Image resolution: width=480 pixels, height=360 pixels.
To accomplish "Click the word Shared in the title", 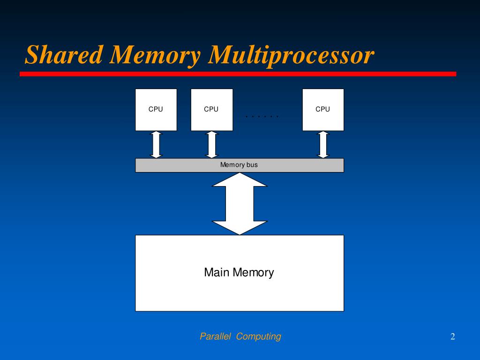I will coord(64,55).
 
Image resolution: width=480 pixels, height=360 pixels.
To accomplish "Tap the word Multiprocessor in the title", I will coord(291,56).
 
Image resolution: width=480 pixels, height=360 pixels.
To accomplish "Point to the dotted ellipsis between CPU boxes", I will coord(262,116).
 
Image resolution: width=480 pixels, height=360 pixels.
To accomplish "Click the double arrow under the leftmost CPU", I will coord(156,145).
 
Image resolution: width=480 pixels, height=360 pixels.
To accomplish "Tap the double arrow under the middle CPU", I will coord(212,145).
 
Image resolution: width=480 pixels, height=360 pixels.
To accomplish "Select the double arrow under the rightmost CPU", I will coord(323,145).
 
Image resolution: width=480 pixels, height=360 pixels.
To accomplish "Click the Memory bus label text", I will coord(239,165).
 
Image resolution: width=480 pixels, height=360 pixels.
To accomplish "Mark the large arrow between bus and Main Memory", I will coord(240,204).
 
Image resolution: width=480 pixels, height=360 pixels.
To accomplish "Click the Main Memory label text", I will coord(239,272).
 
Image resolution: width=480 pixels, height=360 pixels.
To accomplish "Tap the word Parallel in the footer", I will coord(216,336).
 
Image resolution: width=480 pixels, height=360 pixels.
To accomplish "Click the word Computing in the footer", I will coord(259,336).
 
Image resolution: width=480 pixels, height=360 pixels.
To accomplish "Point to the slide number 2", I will coord(453,336).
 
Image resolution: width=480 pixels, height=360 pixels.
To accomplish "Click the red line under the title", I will coord(238,74).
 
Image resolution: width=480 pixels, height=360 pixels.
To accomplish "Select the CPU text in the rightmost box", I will coord(323,109).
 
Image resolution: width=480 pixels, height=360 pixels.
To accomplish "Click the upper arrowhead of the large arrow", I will coord(240,180).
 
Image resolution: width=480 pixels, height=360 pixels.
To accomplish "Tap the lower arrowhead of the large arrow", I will coord(240,227).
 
